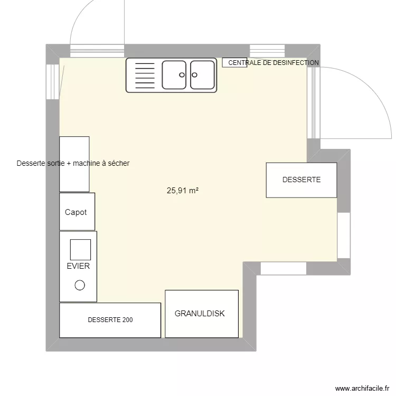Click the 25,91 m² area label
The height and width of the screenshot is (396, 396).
point(182,191)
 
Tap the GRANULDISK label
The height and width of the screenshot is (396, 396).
point(200,314)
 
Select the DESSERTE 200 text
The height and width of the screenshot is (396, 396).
point(110,320)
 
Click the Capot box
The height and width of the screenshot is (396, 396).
point(77,212)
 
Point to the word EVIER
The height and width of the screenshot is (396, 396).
point(78,266)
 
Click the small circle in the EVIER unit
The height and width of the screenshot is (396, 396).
point(80,285)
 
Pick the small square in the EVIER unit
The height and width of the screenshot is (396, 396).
point(80,249)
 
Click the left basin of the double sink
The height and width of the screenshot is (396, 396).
point(174,74)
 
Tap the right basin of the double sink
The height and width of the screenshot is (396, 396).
point(202,74)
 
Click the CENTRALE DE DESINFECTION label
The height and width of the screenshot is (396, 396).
point(274,63)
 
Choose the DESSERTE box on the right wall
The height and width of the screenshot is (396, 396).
point(301,180)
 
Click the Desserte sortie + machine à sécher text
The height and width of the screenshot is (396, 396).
point(73,164)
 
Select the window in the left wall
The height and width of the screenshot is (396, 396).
point(53,82)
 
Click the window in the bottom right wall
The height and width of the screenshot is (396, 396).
point(284,268)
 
